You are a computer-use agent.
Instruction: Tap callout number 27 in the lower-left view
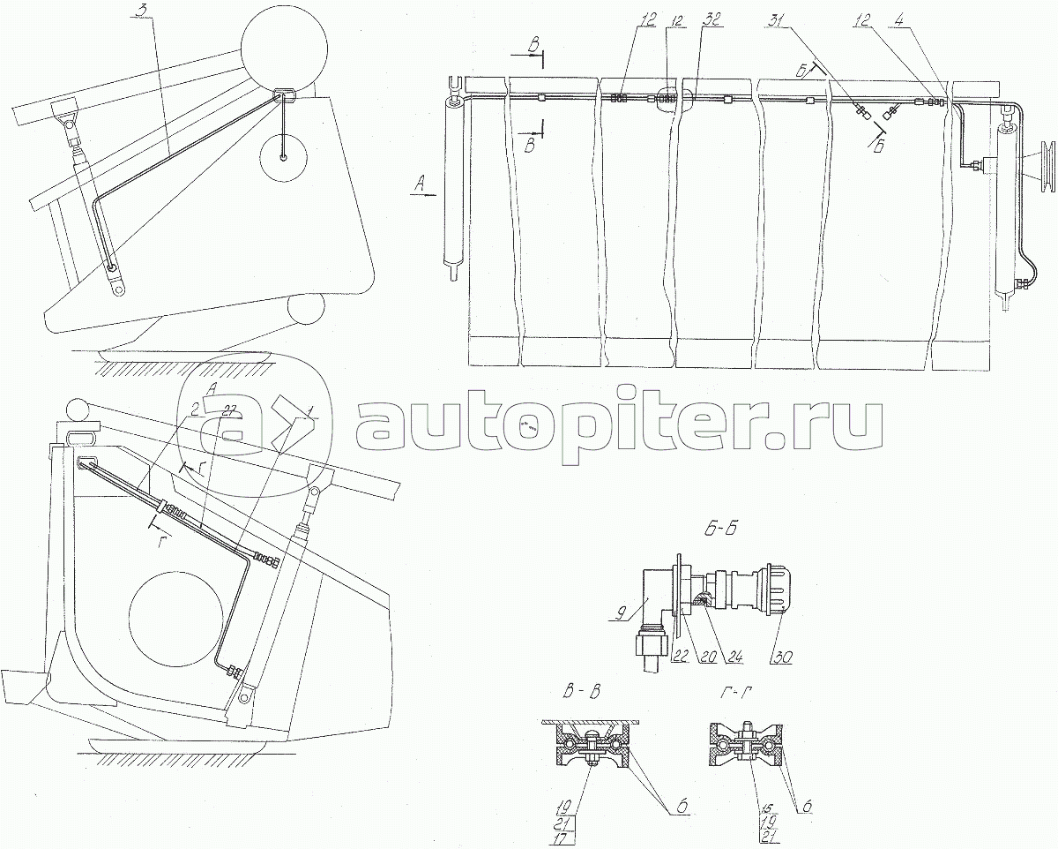click(x=230, y=410)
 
